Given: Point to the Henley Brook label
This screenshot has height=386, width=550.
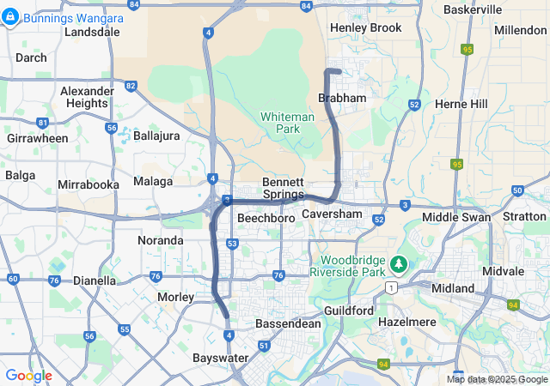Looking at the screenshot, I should point(365,27).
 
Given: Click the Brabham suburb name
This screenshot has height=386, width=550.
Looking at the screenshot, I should point(342,99).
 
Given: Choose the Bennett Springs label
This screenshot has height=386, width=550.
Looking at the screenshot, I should point(283,188).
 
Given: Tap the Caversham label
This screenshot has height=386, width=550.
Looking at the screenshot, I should point(333,213).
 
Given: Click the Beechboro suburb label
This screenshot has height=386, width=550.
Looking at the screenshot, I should point(266,219).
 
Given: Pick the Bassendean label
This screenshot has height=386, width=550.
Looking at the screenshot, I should point(288,324).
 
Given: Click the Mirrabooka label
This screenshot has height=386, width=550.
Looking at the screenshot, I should point(88,184).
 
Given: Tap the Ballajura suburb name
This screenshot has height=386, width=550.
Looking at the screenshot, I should point(156,136).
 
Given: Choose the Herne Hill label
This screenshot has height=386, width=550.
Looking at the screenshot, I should point(461,104).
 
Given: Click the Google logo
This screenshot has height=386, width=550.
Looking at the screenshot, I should point(28,376).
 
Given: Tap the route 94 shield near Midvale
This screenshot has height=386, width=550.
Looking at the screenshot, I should point(514,305).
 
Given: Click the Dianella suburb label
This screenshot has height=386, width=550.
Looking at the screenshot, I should point(95,280).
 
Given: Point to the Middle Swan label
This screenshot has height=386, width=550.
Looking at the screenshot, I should point(456,217).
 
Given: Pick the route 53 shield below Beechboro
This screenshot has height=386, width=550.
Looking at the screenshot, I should point(232,244).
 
